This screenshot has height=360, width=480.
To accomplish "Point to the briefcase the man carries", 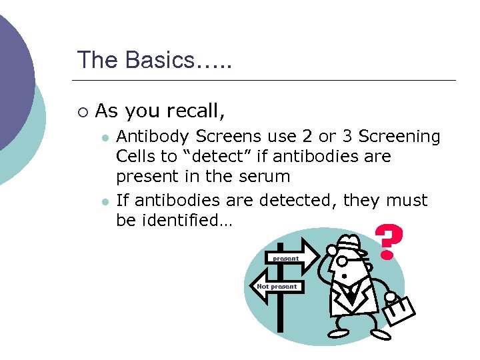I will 399,308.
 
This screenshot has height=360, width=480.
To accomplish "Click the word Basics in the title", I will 154,60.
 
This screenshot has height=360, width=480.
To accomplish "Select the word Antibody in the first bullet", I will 153,137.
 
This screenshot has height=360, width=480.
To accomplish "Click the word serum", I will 267,177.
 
